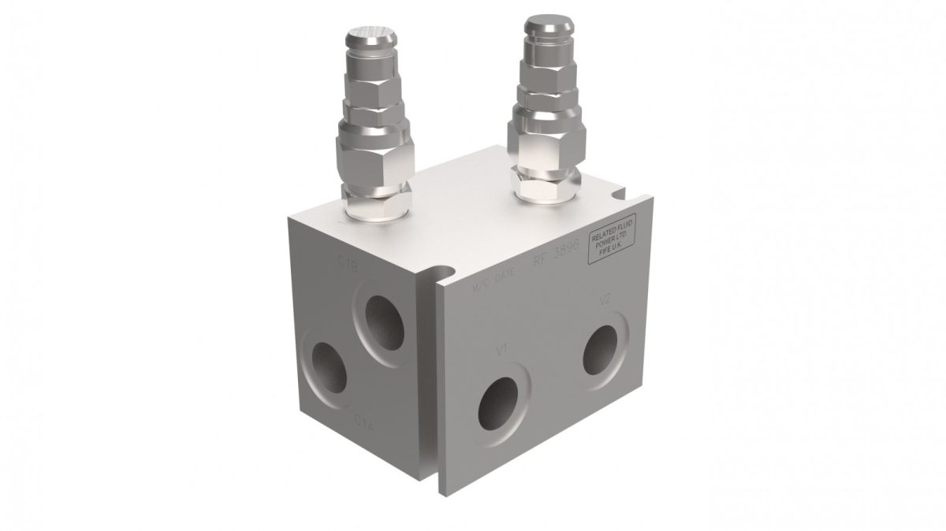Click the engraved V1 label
click(502, 349)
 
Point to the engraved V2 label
click(605, 300)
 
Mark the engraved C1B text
click(348, 267)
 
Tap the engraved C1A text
click(364, 419)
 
